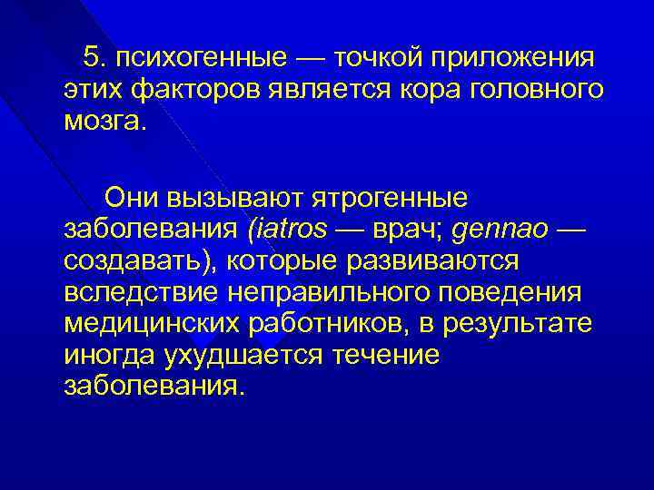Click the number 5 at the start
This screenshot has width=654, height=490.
point(91,59)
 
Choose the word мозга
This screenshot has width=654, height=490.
point(104,120)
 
